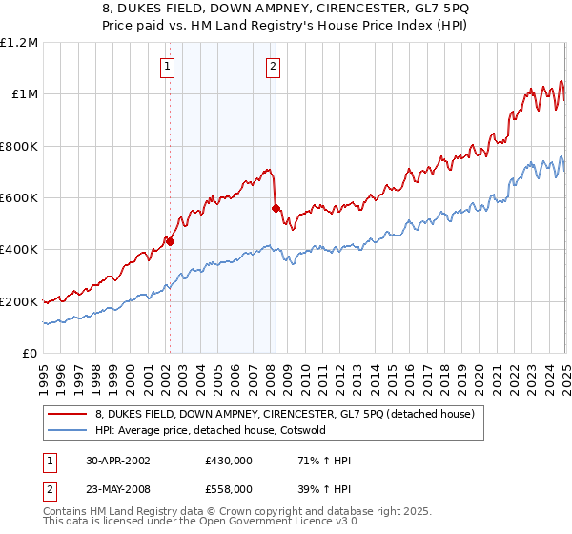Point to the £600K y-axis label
(18, 198)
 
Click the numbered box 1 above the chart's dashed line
(168, 67)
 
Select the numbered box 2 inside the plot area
(273, 67)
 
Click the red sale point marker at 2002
(170, 242)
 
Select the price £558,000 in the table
(228, 488)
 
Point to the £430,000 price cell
(228, 460)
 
